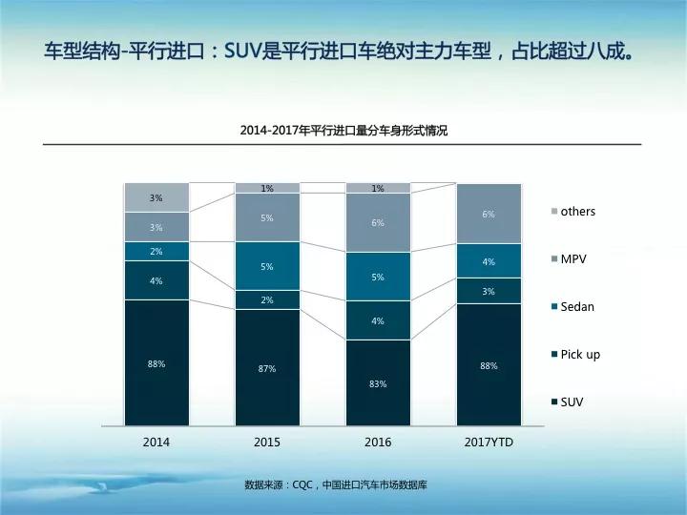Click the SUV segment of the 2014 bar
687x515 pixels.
(x=156, y=362)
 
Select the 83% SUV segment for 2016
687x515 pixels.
(x=378, y=382)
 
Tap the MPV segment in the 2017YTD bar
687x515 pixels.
(x=489, y=214)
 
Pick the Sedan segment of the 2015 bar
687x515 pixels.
(x=267, y=266)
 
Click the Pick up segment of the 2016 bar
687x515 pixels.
(x=378, y=320)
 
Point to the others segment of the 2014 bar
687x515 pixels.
(x=156, y=197)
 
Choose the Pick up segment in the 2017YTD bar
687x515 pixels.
(x=489, y=291)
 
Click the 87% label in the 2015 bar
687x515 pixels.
(x=267, y=368)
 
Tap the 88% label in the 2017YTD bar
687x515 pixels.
(x=489, y=365)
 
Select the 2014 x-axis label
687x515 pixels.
(x=156, y=443)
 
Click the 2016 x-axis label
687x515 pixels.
(x=378, y=443)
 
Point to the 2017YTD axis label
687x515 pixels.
(x=489, y=443)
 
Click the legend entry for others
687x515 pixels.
(x=577, y=211)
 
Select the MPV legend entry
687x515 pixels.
(x=572, y=258)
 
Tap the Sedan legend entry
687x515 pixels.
(x=576, y=306)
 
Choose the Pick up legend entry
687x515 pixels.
(x=580, y=354)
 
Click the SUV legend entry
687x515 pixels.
(x=572, y=402)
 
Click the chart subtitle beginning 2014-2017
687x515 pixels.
(x=343, y=132)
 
